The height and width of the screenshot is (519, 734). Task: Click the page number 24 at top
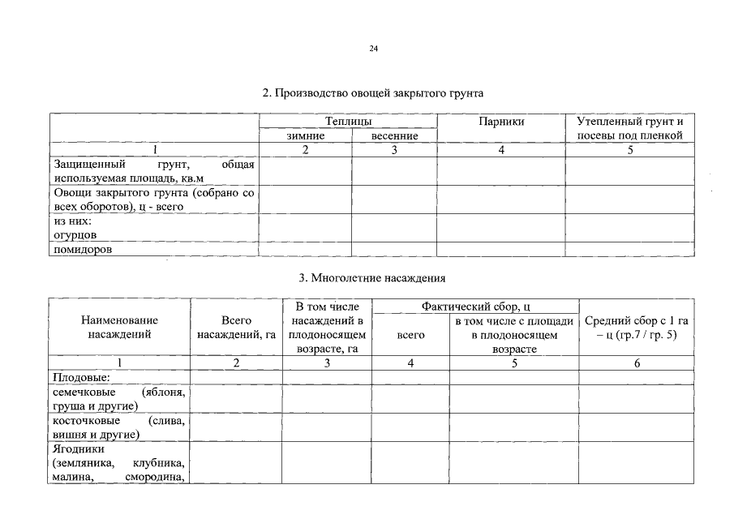(x=373, y=49)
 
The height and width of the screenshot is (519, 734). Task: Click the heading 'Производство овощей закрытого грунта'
(x=373, y=93)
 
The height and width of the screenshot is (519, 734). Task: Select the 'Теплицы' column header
(x=348, y=122)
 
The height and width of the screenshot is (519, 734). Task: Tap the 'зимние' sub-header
(x=305, y=135)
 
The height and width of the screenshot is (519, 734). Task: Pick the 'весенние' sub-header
(x=394, y=135)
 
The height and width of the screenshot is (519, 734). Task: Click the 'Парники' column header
(x=501, y=122)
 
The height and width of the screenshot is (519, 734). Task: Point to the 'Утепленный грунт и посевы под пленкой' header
(x=630, y=128)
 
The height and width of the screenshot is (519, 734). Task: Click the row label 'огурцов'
(x=76, y=234)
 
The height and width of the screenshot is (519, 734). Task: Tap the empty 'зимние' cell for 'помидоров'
(x=305, y=250)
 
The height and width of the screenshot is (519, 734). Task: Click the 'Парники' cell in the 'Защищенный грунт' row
(x=501, y=171)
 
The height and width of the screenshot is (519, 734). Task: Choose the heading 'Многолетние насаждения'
(x=372, y=278)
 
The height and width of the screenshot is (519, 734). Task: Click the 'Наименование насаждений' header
(x=119, y=328)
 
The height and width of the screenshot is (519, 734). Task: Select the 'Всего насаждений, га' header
(x=236, y=328)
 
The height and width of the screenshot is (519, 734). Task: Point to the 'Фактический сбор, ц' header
(x=475, y=307)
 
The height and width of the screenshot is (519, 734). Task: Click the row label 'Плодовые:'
(x=81, y=377)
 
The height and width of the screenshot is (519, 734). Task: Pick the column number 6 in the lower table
(x=637, y=363)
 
